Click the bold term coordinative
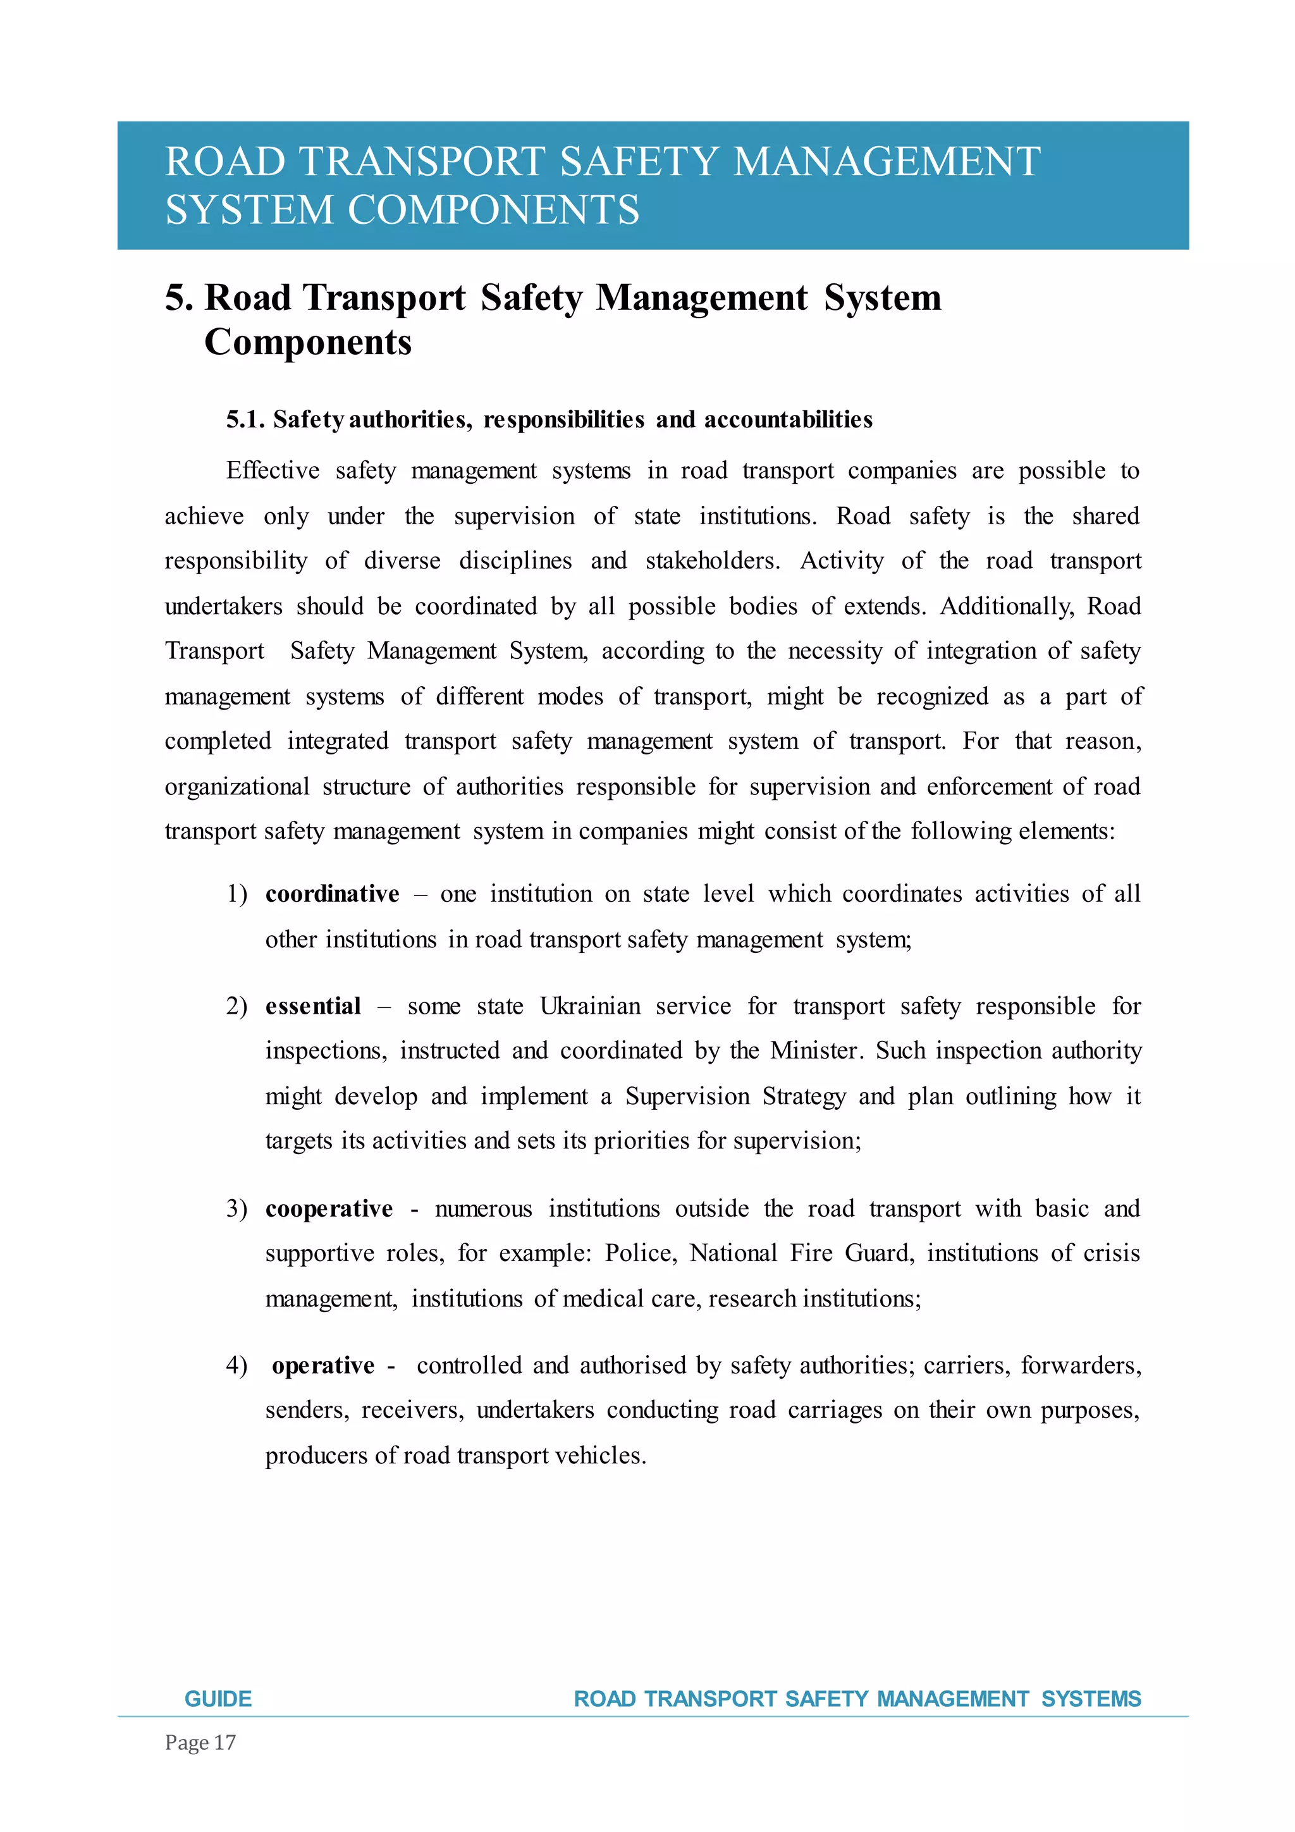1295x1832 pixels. [x=332, y=894]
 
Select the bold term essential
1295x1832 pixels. [x=313, y=1006]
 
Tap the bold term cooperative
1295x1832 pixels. [x=329, y=1209]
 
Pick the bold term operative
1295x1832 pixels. [x=323, y=1366]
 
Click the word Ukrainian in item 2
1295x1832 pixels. [x=590, y=1006]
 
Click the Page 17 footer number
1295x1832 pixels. [x=200, y=1743]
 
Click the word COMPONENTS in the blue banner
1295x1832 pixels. [x=493, y=211]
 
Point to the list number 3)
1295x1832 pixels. [x=236, y=1209]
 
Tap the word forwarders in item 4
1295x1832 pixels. [x=1081, y=1366]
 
